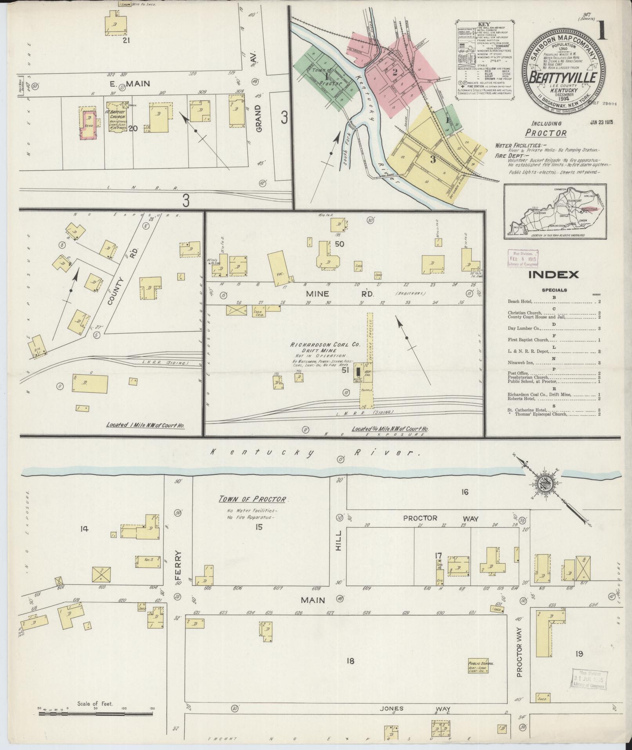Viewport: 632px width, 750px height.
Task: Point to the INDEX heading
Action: click(553, 274)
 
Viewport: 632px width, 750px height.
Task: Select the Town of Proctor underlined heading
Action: click(252, 499)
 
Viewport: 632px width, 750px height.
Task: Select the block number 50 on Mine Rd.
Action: click(339, 244)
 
